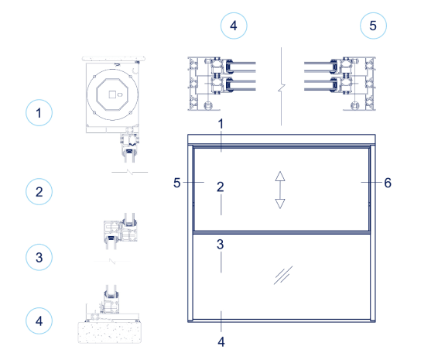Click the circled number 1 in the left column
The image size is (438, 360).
39,113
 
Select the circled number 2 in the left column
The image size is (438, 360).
39,192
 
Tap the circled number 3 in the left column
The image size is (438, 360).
39,255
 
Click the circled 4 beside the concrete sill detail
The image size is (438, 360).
39,318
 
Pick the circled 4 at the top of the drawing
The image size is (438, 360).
234,25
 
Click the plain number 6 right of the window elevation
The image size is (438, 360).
388,183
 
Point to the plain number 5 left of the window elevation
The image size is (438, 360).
177,183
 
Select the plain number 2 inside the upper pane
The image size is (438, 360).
221,187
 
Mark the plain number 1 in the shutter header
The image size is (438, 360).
221,124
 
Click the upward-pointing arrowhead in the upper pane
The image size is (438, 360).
280,175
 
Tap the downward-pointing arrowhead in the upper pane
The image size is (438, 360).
280,202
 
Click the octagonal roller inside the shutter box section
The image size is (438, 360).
113,95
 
